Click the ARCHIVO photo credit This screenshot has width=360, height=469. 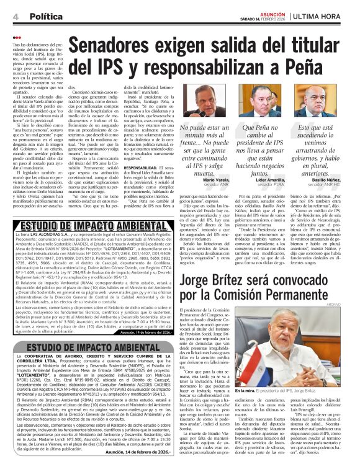pos(350,305)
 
